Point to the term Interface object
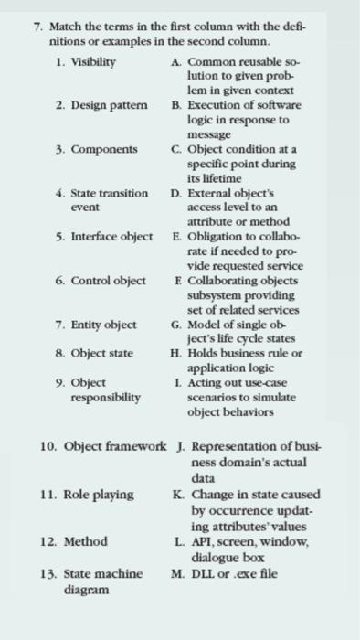coord(109,237)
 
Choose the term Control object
coord(106,281)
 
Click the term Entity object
coord(102,325)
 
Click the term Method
coord(87,541)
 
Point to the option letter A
coord(175,60)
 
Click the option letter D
coord(175,194)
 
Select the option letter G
coord(175,324)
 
